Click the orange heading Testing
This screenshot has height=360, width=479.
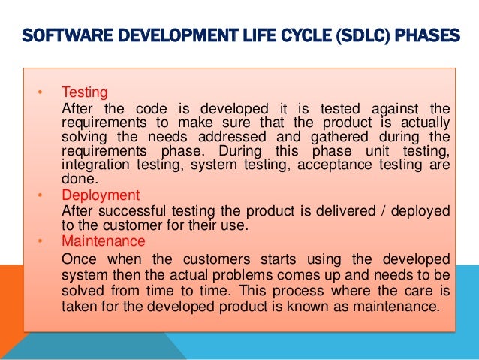[84, 93]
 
